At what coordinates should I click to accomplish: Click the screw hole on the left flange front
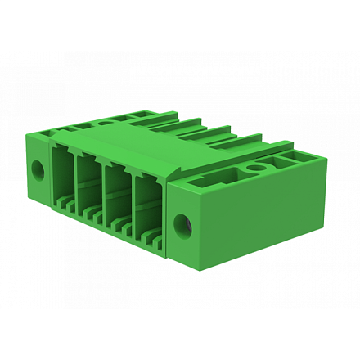click(x=36, y=170)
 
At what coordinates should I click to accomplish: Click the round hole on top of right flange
click(x=256, y=169)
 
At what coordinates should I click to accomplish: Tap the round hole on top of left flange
click(x=104, y=123)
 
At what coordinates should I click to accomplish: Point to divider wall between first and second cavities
click(x=74, y=184)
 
